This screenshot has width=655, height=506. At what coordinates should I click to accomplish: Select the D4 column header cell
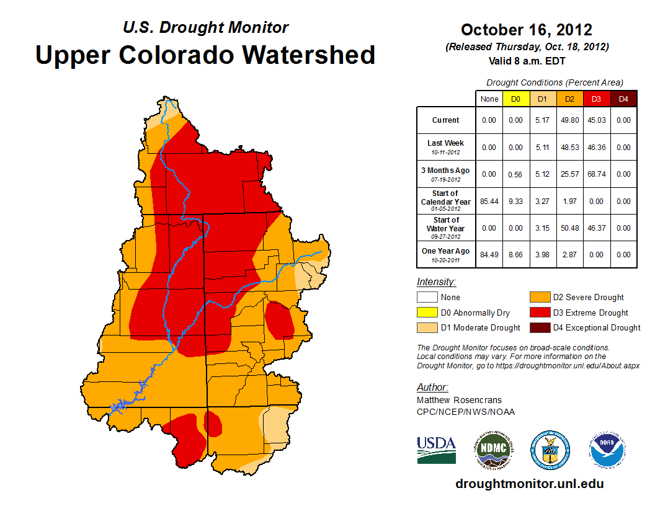click(x=623, y=99)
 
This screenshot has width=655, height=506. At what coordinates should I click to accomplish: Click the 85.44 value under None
click(x=489, y=202)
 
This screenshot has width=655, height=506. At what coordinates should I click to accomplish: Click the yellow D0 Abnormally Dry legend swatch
click(x=427, y=313)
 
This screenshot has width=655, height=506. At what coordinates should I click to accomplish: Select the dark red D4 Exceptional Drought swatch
click(x=539, y=327)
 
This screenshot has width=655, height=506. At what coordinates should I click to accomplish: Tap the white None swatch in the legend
click(x=427, y=298)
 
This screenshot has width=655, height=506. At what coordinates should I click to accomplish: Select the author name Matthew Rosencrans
click(x=459, y=400)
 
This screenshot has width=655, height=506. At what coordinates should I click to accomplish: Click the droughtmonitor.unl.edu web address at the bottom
click(x=529, y=484)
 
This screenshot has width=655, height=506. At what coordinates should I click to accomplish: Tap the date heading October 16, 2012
click(x=526, y=30)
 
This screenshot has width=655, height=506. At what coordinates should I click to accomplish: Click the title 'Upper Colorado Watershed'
click(x=205, y=55)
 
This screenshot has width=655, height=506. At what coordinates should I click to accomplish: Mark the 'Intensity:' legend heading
click(x=437, y=282)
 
